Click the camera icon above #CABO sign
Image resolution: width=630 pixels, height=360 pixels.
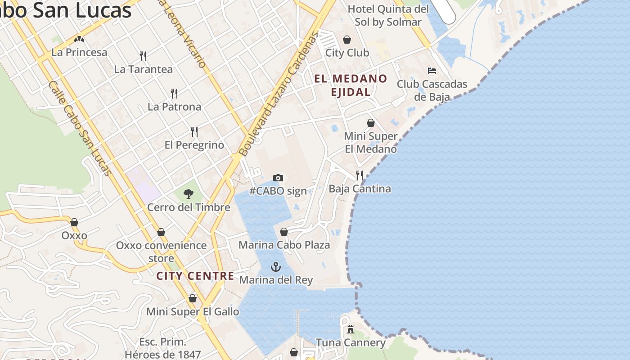pyautogui.click(x=278, y=178)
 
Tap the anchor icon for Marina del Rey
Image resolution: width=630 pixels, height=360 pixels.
pyautogui.click(x=276, y=267)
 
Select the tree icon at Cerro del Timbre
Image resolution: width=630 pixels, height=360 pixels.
pyautogui.click(x=189, y=194)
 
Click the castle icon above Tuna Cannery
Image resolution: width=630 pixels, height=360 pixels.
pyautogui.click(x=351, y=329)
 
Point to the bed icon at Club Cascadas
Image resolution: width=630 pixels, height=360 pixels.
pyautogui.click(x=432, y=71)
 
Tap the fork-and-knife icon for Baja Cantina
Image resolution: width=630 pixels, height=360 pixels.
pyautogui.click(x=360, y=175)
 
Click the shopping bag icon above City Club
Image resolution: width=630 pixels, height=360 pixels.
pyautogui.click(x=347, y=40)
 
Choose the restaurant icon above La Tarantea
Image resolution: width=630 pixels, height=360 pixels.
pyautogui.click(x=143, y=56)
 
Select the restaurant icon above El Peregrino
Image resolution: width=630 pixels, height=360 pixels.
pyautogui.click(x=194, y=131)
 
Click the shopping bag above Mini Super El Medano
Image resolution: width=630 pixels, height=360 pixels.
pyautogui.click(x=371, y=123)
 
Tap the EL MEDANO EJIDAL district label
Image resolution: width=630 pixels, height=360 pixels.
pyautogui.click(x=351, y=85)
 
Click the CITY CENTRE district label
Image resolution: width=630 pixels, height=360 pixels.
pyautogui.click(x=195, y=276)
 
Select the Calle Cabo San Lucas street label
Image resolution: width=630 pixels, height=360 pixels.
pyautogui.click(x=80, y=128)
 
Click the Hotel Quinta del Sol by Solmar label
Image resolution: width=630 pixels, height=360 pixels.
pyautogui.click(x=388, y=15)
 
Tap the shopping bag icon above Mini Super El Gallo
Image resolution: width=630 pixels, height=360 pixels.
pyautogui.click(x=193, y=298)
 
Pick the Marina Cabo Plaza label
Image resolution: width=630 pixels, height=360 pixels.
pyautogui.click(x=284, y=245)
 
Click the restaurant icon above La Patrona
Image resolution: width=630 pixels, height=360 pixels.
pyautogui.click(x=174, y=94)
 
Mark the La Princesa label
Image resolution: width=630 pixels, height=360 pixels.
pyautogui.click(x=80, y=52)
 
